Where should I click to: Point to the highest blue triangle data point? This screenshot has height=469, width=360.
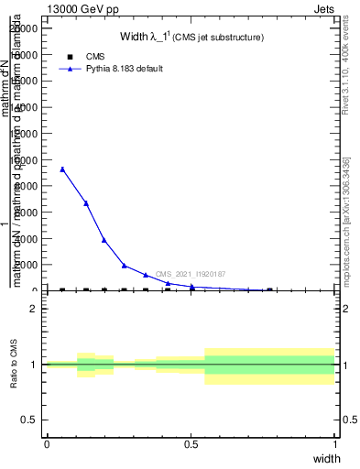pos(62,169)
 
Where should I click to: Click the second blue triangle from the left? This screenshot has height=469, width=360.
pos(86,203)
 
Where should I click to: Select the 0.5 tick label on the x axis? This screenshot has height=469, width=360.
pos(191,444)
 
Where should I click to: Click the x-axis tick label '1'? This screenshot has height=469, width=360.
pos(335,444)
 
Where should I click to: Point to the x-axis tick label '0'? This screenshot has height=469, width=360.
pos(47,444)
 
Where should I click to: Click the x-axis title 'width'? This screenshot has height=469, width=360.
pos(326,458)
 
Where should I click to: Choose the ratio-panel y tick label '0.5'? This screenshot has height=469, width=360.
pos(30,420)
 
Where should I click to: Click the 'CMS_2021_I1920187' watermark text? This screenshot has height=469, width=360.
pos(191,274)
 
